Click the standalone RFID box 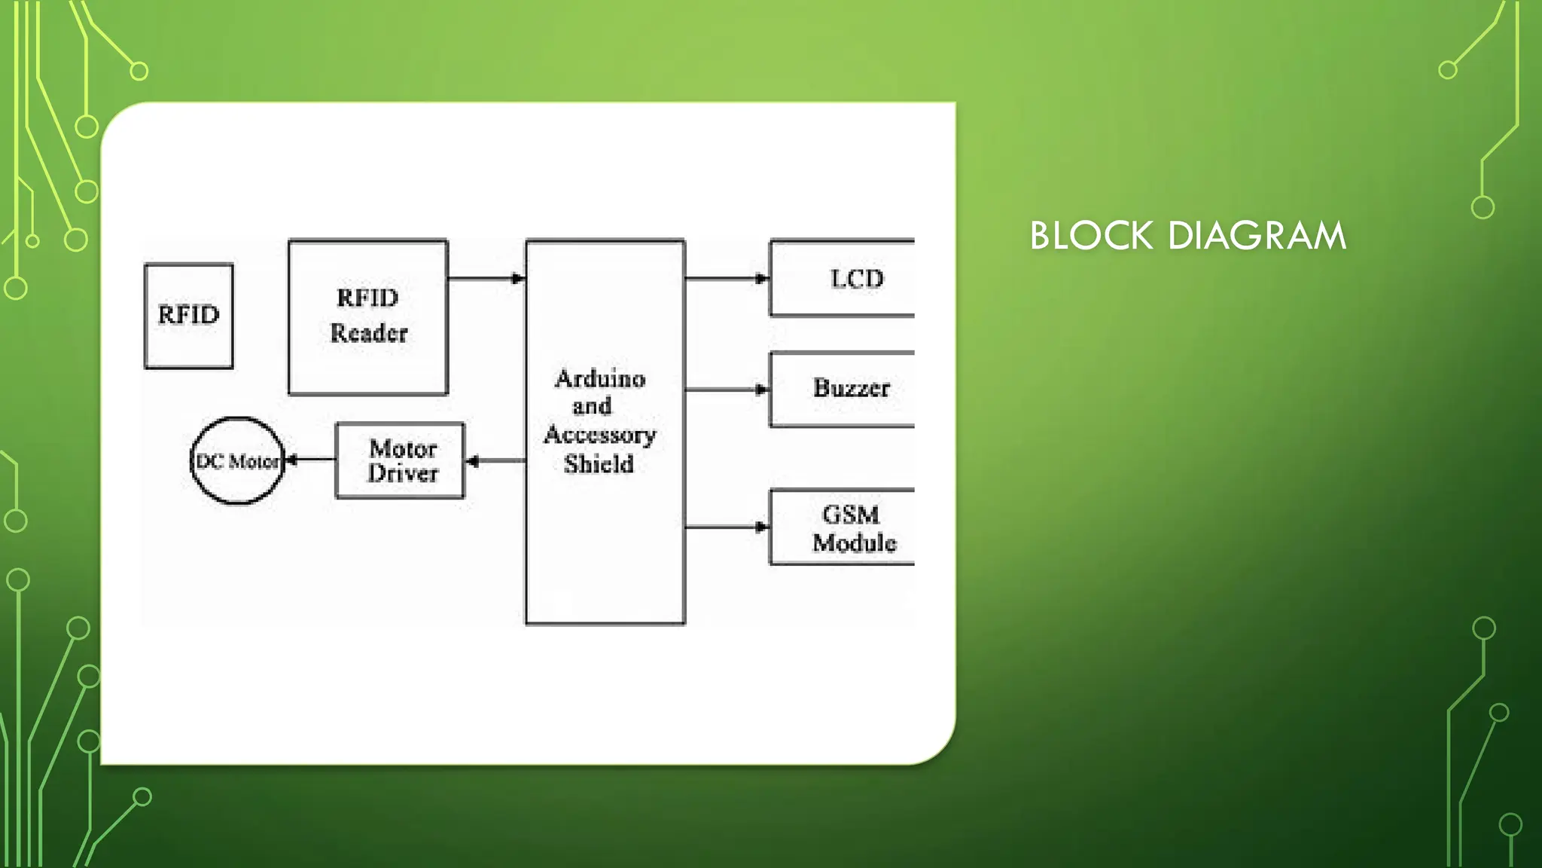[x=188, y=315]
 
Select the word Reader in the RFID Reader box [x=368, y=333]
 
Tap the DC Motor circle [x=237, y=460]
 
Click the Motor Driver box [x=400, y=460]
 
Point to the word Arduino [x=600, y=378]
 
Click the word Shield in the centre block [x=599, y=464]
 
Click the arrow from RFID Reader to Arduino [x=486, y=279]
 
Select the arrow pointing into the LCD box [x=727, y=279]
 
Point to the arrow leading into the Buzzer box [x=727, y=390]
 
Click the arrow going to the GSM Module [x=727, y=527]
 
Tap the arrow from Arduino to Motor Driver [x=495, y=461]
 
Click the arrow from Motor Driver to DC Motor [x=311, y=460]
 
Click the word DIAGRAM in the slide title [x=1257, y=236]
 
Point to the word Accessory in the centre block [x=600, y=435]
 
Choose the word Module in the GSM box [x=854, y=542]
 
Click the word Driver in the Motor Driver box [x=403, y=473]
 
